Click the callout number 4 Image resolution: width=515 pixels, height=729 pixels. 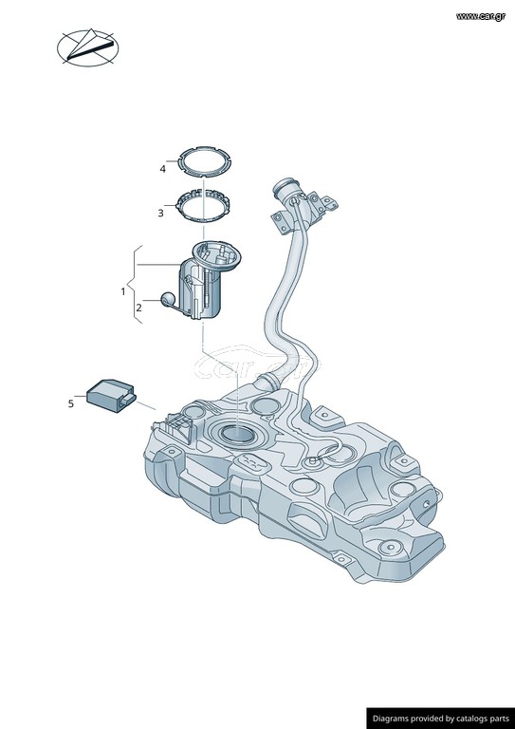coord(162,169)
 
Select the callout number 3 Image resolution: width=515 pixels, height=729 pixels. coord(160,214)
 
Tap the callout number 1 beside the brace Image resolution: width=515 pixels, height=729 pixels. coord(123,292)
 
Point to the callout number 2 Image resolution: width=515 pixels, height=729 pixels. coord(138,308)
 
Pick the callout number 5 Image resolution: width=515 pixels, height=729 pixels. coord(70,404)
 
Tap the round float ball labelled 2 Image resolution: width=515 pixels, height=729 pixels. coord(168,300)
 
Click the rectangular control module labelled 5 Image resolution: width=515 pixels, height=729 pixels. coord(111,395)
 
